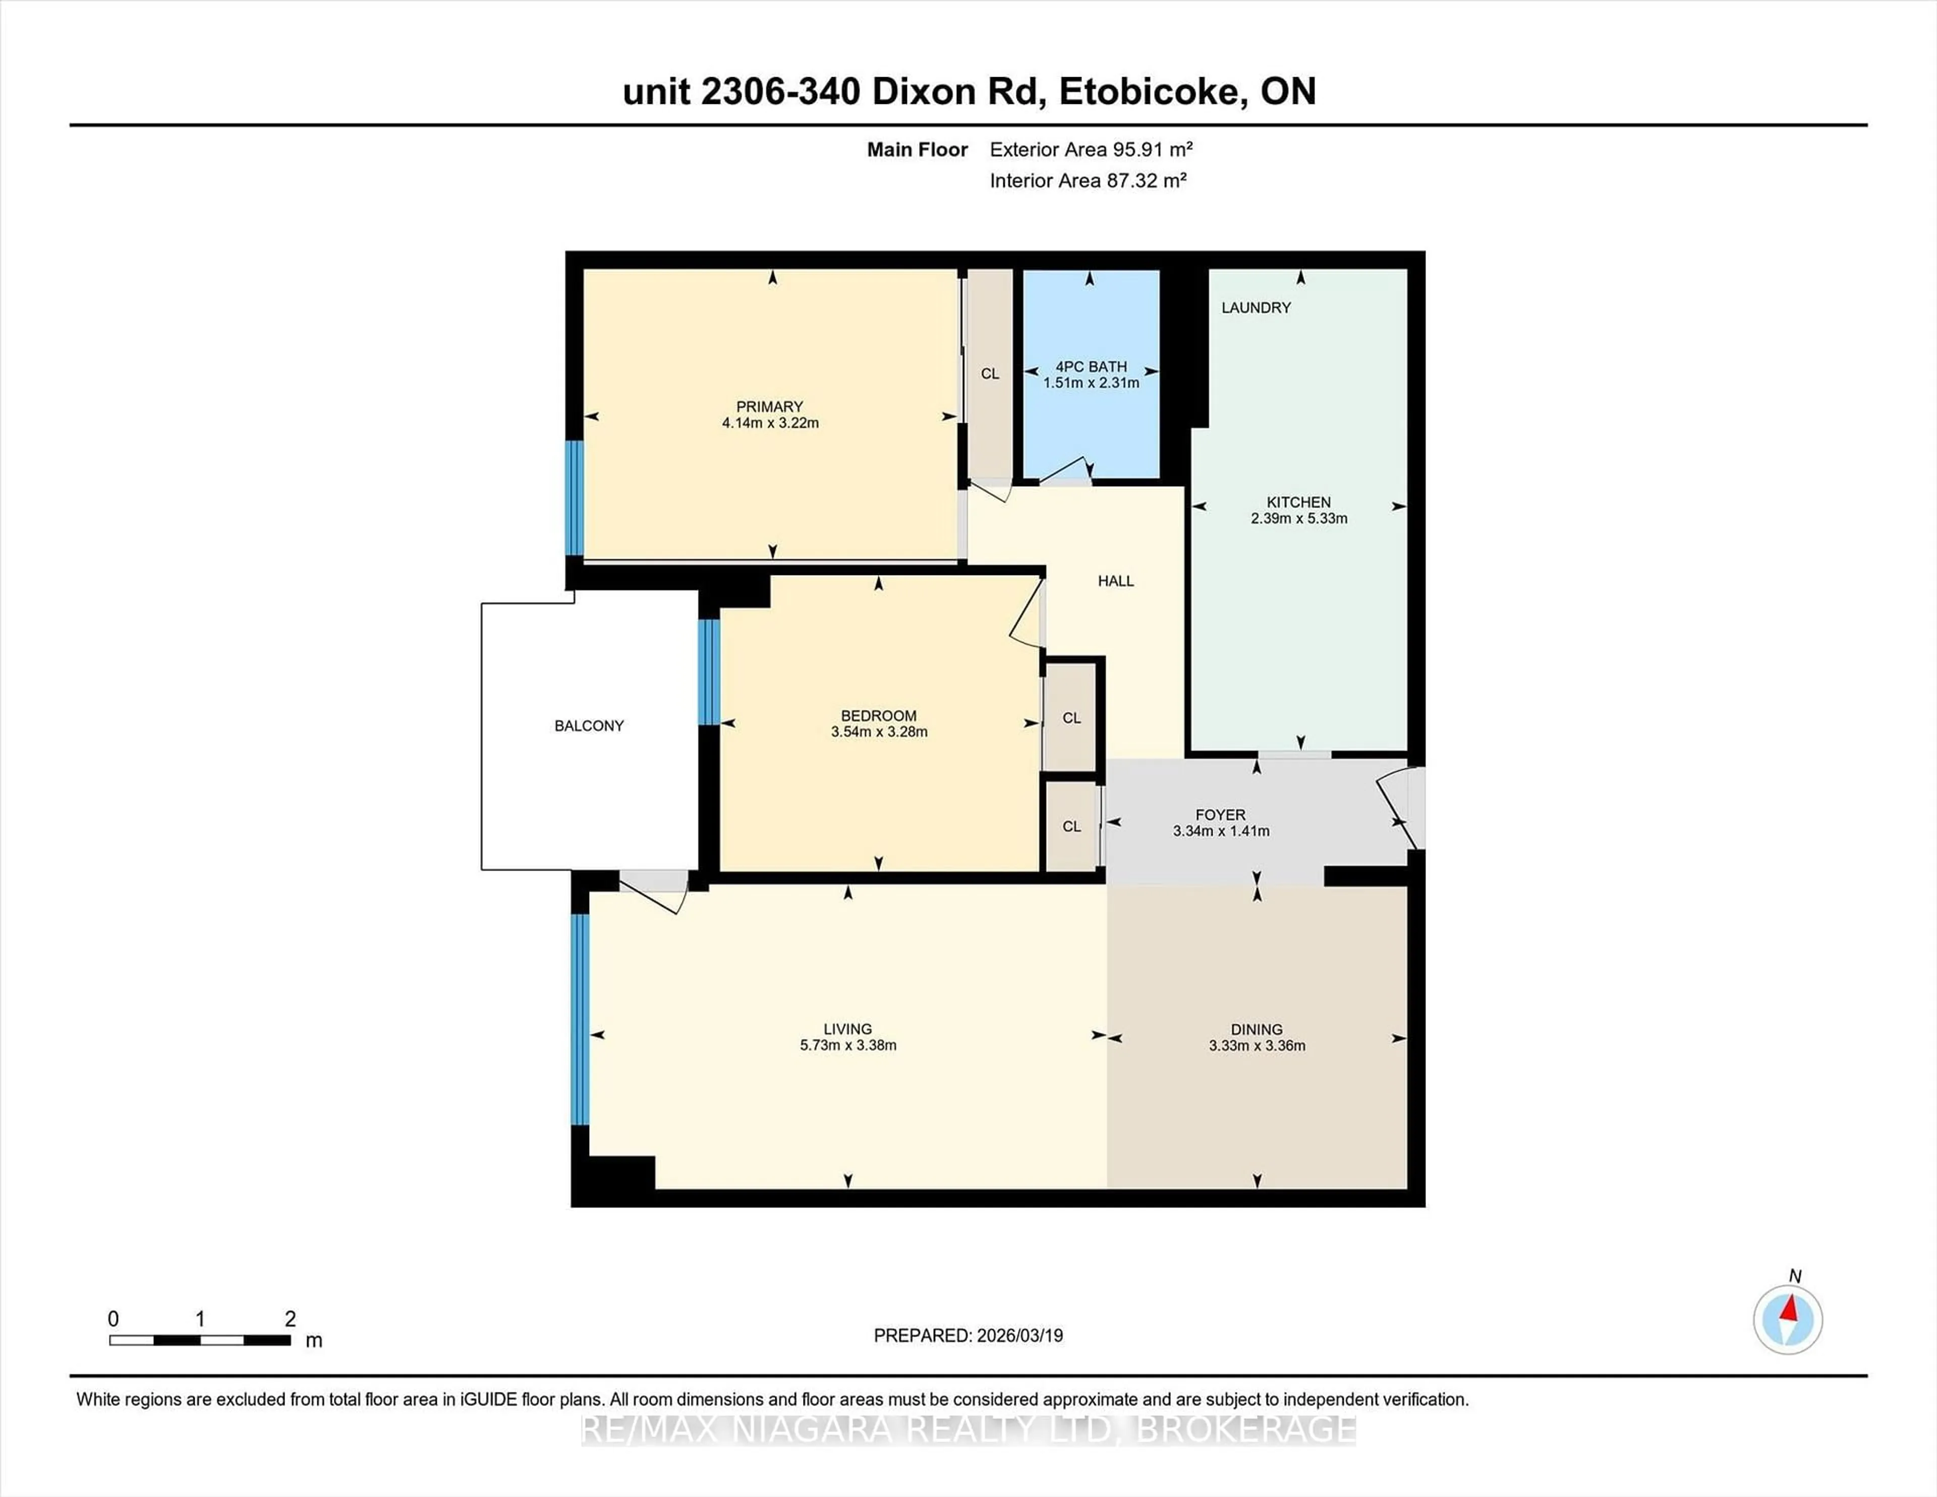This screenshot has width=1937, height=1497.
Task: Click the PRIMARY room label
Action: tap(769, 406)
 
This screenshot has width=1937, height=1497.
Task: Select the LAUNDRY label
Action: tap(1256, 308)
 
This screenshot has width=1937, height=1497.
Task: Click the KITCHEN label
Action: tap(1298, 502)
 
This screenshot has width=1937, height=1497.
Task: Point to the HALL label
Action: tap(1116, 581)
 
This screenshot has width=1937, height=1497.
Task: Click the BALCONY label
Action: tap(589, 725)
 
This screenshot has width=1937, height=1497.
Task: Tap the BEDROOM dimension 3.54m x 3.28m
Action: tap(879, 732)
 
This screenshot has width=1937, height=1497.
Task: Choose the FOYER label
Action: tap(1220, 814)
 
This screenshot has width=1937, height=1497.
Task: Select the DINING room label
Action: tap(1257, 1029)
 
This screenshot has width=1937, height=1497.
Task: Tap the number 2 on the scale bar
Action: tap(290, 1319)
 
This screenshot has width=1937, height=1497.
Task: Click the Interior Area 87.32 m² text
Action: tap(1088, 181)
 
